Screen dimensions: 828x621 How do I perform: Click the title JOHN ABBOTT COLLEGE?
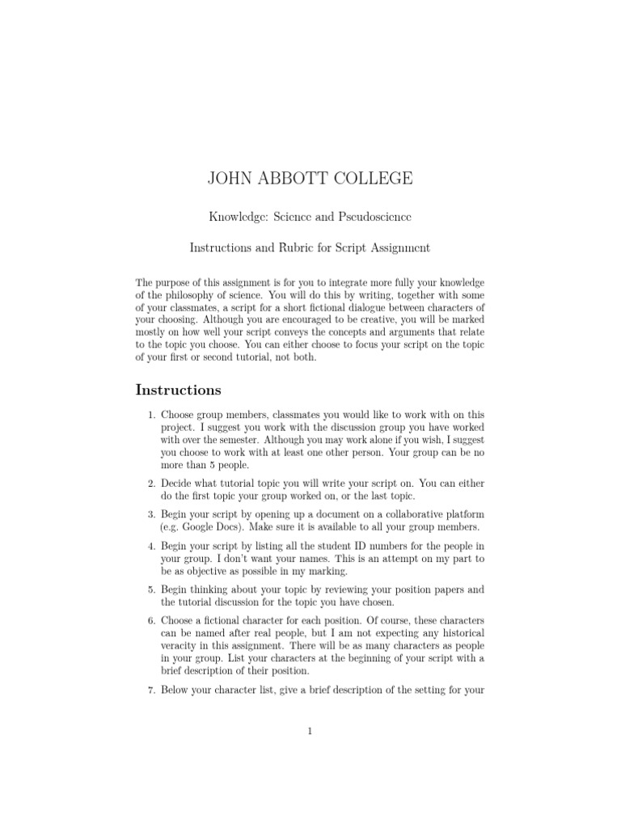310,179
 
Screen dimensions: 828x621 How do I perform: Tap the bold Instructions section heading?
178,390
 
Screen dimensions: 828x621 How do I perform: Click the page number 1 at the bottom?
310,732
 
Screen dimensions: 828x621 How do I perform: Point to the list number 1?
150,416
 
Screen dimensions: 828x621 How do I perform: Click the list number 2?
150,482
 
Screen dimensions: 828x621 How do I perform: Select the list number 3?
150,514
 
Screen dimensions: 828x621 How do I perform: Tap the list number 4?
150,547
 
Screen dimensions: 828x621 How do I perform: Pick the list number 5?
150,590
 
